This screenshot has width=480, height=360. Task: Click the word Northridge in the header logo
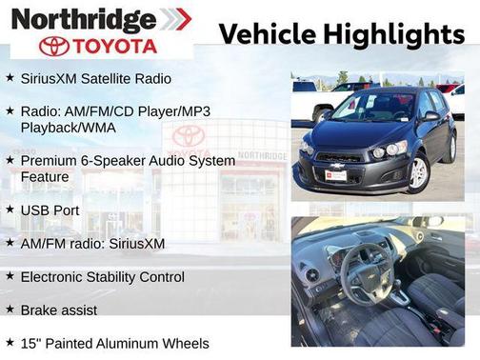pyautogui.click(x=84, y=18)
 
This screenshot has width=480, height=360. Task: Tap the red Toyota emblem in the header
pyautogui.click(x=54, y=46)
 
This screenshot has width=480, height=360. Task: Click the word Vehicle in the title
pyautogui.click(x=266, y=33)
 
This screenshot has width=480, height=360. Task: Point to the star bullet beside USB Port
pyautogui.click(x=10, y=209)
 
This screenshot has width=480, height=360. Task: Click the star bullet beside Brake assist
pyautogui.click(x=10, y=310)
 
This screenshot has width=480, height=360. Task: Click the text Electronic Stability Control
pyautogui.click(x=102, y=277)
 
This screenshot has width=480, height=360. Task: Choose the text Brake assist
pyautogui.click(x=58, y=310)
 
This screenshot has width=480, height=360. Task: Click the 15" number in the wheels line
pyautogui.click(x=30, y=343)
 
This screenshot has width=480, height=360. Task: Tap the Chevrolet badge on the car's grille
pyautogui.click(x=334, y=165)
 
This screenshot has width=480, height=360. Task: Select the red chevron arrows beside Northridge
pyautogui.click(x=175, y=18)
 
